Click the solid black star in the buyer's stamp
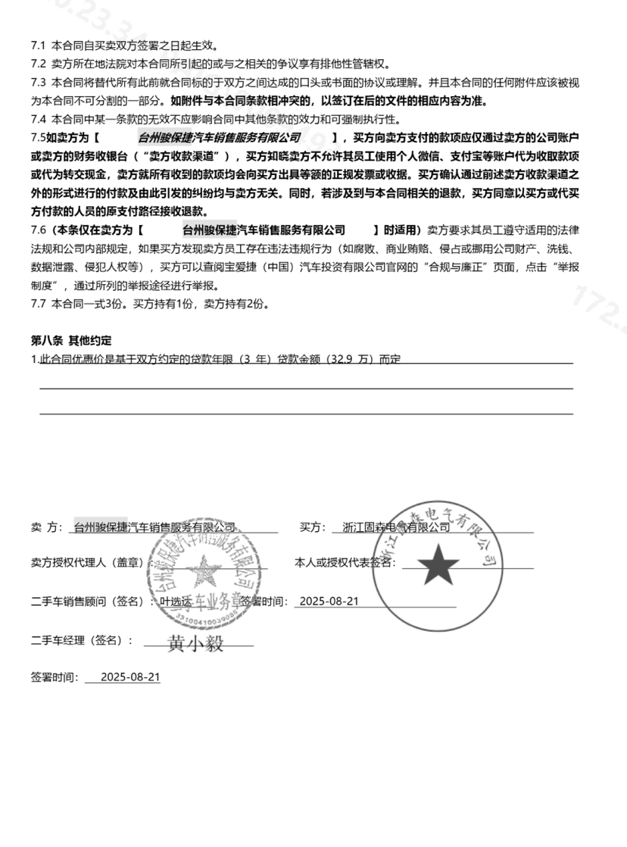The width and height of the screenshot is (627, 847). [438, 564]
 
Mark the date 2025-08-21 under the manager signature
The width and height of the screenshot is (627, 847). [129, 677]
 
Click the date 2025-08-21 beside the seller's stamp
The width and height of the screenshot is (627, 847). [328, 602]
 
